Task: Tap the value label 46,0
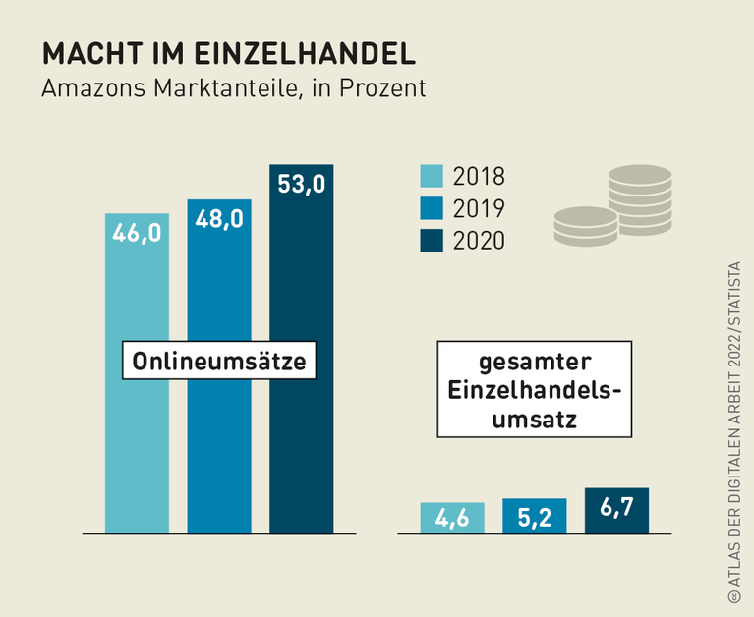click(137, 233)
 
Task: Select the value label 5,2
click(534, 517)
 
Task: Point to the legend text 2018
click(479, 177)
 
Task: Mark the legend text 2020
click(479, 241)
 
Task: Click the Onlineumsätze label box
click(219, 362)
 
